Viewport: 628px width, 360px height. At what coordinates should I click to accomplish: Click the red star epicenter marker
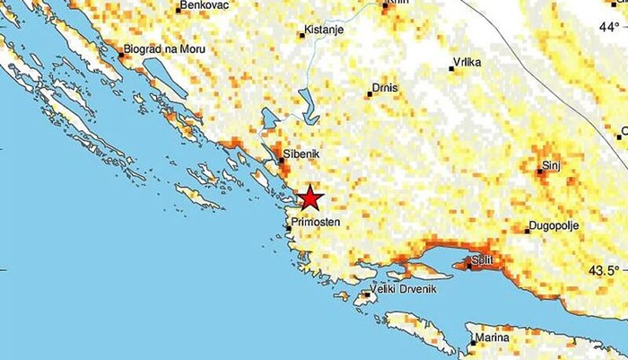pos(310,198)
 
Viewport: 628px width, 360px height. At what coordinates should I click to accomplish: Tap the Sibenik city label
pos(301,154)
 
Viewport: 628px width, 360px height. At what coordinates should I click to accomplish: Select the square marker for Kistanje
pos(303,36)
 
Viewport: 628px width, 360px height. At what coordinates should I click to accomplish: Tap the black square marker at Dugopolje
pos(528,231)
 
